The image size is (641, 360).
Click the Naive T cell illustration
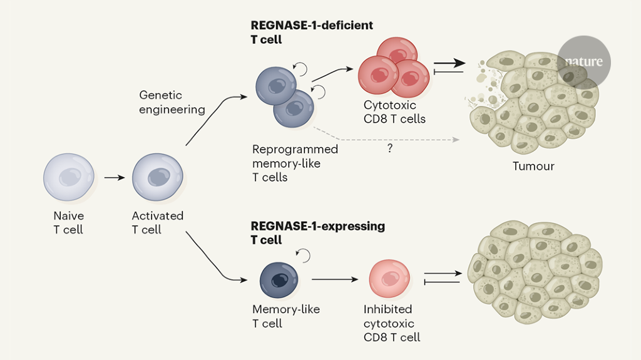pos(69,178)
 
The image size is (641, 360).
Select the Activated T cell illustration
pos(157,178)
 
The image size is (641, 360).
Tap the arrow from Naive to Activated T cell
pos(114,178)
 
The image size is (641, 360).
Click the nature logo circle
pos(583,61)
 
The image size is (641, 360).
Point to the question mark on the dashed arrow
pos(389,149)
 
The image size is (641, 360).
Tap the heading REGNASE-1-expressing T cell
pos(317,232)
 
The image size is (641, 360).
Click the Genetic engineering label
pos(172,103)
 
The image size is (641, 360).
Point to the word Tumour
pos(533,167)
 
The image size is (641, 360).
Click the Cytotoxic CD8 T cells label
pos(394,112)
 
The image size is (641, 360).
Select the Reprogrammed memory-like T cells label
pos(295,163)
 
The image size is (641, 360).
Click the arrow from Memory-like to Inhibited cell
pos(335,279)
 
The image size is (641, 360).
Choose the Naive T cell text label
pos(68,223)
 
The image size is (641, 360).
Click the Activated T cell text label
pos(157,223)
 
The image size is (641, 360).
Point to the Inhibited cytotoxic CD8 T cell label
pos(392,323)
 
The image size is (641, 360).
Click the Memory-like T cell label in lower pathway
pos(286,316)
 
